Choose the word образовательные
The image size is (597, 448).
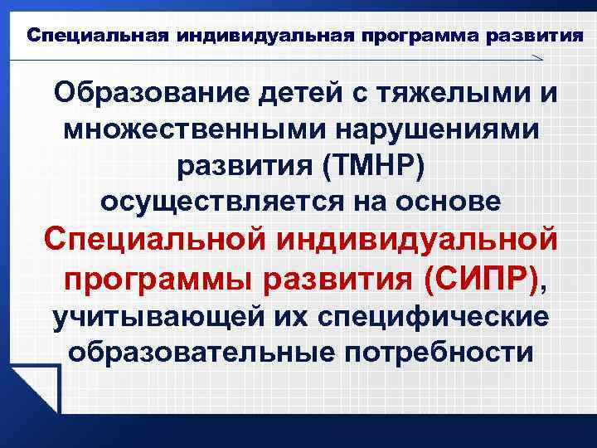192,353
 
